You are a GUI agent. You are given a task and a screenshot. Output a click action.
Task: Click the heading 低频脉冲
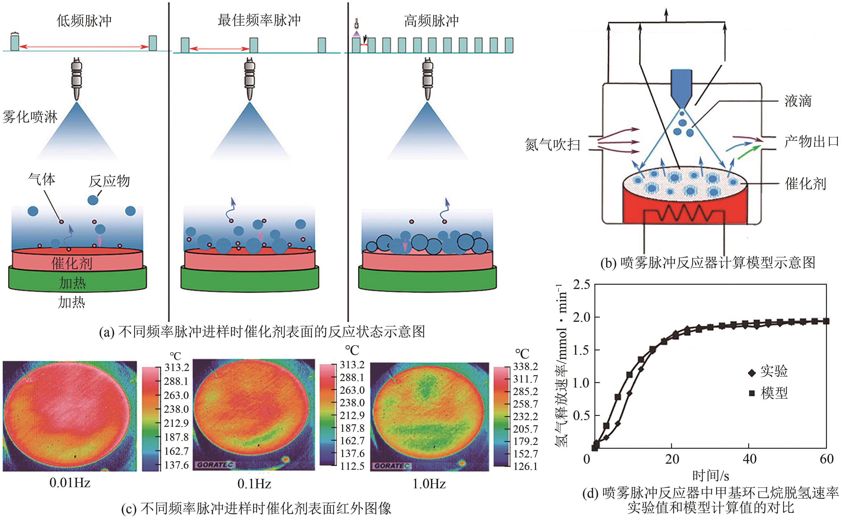tap(84, 21)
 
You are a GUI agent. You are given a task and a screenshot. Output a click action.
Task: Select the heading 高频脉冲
tap(431, 21)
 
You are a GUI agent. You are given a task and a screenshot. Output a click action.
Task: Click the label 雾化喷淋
tap(30, 117)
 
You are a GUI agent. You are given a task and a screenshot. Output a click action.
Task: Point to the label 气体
tap(42, 179)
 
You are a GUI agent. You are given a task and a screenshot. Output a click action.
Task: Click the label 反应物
tap(109, 181)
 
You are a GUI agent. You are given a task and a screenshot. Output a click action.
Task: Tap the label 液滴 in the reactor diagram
tap(798, 101)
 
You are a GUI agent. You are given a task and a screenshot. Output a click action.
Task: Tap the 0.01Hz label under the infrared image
tap(70, 483)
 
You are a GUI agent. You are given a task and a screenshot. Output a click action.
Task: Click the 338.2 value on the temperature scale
tap(525, 367)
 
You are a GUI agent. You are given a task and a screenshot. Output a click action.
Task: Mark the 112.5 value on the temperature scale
tap(352, 466)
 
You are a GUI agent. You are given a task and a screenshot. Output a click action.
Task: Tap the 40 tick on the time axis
tap(749, 459)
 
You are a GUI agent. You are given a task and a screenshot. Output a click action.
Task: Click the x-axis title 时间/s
tap(710, 476)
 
